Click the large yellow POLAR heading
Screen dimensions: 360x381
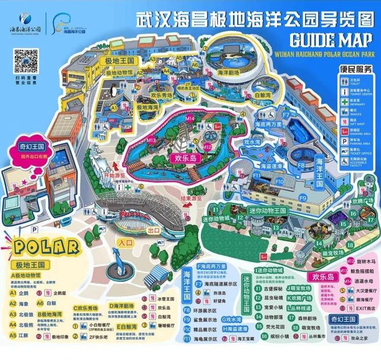click(46, 248)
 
